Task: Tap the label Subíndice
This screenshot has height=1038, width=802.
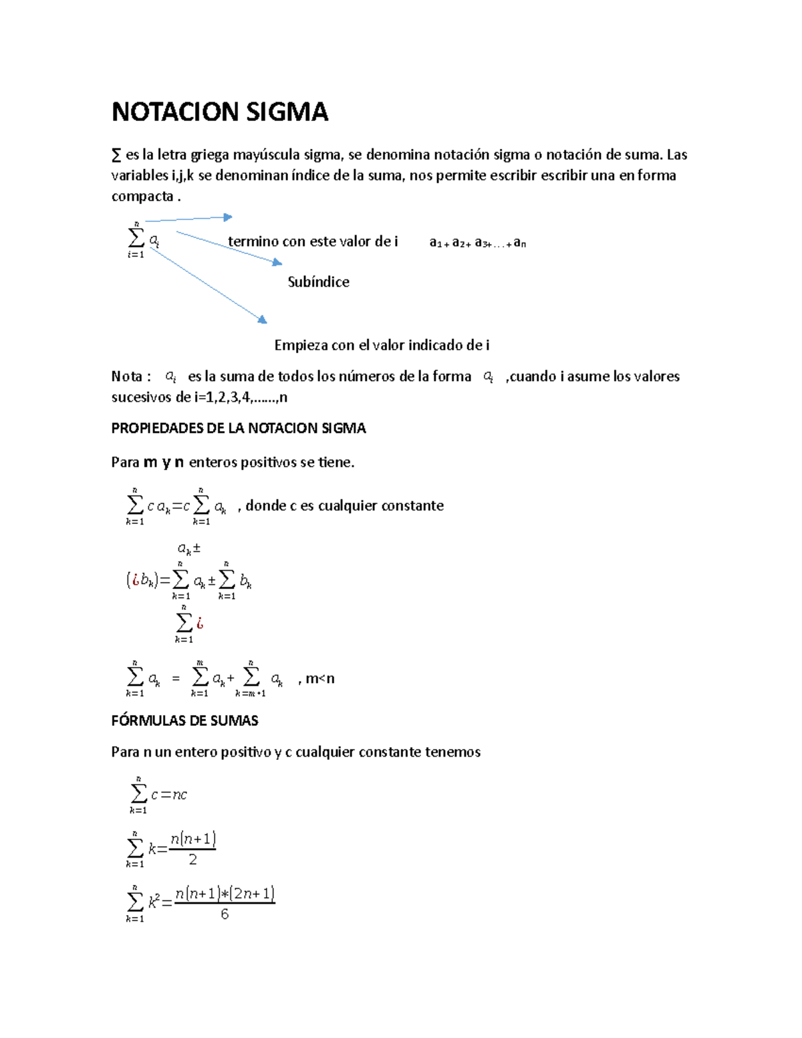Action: pyautogui.click(x=318, y=282)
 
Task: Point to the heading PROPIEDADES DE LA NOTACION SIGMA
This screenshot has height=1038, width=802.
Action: pyautogui.click(x=239, y=428)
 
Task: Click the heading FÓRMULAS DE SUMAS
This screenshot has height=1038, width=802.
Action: pyautogui.click(x=184, y=721)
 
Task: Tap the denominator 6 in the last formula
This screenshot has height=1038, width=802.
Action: pyautogui.click(x=225, y=914)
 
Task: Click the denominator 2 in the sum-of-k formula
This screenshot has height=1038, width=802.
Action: pyautogui.click(x=192, y=860)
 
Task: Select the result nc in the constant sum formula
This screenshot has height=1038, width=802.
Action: pyautogui.click(x=180, y=795)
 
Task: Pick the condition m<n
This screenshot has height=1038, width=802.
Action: pyautogui.click(x=319, y=679)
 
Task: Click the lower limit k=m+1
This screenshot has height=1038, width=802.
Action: pyautogui.click(x=251, y=694)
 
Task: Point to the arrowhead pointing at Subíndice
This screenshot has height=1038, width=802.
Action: pyautogui.click(x=277, y=263)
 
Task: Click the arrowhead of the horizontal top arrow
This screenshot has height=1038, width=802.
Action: pyautogui.click(x=228, y=217)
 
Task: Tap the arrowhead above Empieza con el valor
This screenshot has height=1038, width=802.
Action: pyautogui.click(x=263, y=320)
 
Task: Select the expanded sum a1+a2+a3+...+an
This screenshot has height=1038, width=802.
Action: pyautogui.click(x=477, y=243)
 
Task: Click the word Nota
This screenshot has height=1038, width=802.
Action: pyautogui.click(x=126, y=376)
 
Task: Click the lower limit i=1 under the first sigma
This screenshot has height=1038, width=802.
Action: pyautogui.click(x=136, y=255)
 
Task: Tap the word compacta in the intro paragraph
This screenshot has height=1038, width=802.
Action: pyautogui.click(x=142, y=197)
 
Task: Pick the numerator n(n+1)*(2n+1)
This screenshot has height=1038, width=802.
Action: pyautogui.click(x=225, y=894)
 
